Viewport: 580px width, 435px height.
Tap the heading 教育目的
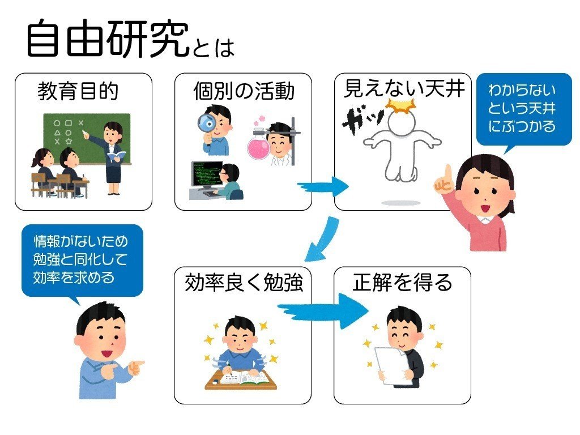click(x=78, y=91)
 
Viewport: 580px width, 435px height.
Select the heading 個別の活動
click(x=244, y=91)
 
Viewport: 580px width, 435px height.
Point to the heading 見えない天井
click(x=404, y=89)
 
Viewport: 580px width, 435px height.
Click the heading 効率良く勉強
click(x=244, y=283)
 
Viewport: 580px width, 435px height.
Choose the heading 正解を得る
click(x=403, y=283)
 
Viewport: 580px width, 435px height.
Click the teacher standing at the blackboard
click(x=111, y=157)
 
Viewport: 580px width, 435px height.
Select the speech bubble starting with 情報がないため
click(x=82, y=261)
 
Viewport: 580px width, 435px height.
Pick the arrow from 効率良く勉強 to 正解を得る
click(x=323, y=311)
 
